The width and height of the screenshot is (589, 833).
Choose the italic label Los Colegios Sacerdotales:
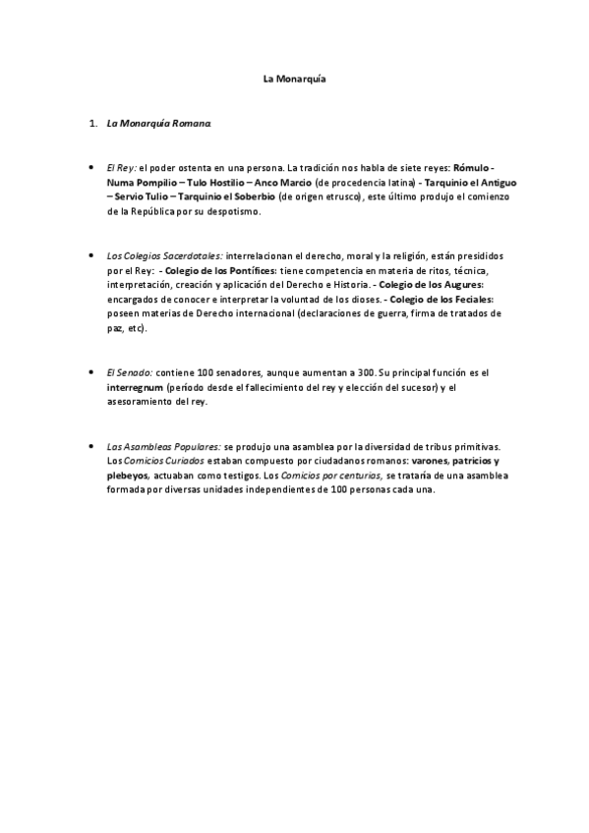164,254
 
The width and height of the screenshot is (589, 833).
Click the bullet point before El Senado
91,373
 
